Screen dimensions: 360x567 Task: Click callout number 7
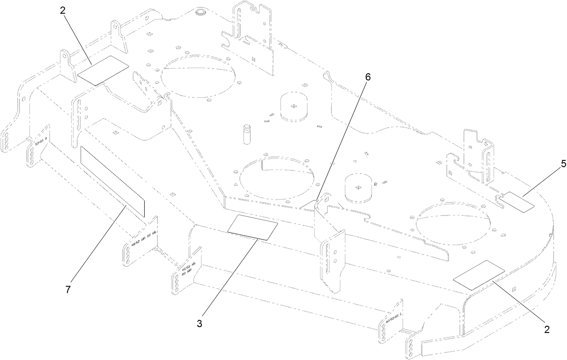[68, 290]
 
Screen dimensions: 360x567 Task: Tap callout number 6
[368, 77]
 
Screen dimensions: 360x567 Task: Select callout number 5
[551, 165]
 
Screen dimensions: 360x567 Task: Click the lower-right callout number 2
[547, 329]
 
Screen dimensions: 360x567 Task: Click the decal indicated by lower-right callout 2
[479, 274]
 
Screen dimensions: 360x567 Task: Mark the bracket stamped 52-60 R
[38, 150]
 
